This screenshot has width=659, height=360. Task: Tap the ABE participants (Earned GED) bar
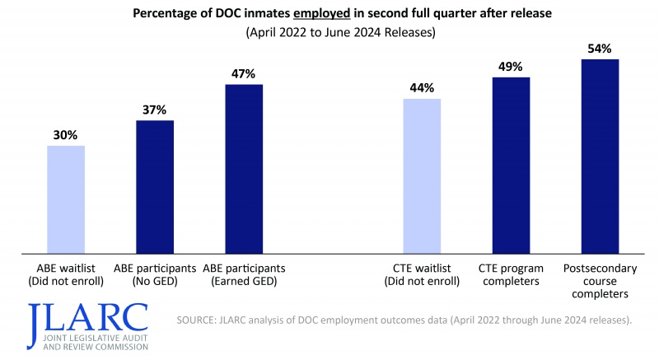coord(244,168)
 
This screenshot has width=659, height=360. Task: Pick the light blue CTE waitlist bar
coord(422,175)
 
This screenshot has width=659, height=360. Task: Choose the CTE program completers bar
coord(511,165)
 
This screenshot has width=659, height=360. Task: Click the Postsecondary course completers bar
coord(600,156)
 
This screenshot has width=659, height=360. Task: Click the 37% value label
coord(155,110)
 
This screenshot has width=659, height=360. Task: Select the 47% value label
coord(244,73)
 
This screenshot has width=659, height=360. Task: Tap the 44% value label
coord(422,88)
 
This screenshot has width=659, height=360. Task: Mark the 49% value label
coord(511,67)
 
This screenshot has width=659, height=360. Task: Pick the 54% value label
coord(600,49)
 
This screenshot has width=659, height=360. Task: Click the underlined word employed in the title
coord(320,15)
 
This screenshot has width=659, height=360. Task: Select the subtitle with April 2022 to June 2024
coord(329,34)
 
